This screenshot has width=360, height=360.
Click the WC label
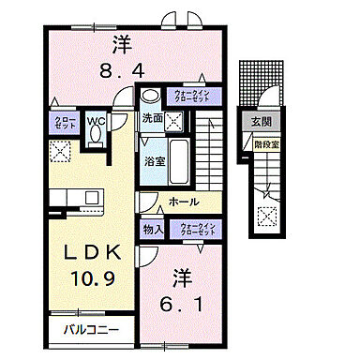click(97, 119)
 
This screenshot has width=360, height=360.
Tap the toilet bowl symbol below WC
click(97, 135)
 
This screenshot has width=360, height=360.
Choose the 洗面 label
click(152, 119)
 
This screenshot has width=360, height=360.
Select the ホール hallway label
click(183, 200)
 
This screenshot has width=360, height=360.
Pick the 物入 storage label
click(154, 229)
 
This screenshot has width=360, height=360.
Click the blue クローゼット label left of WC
click(64, 123)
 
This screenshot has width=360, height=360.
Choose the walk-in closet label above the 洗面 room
click(196, 97)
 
